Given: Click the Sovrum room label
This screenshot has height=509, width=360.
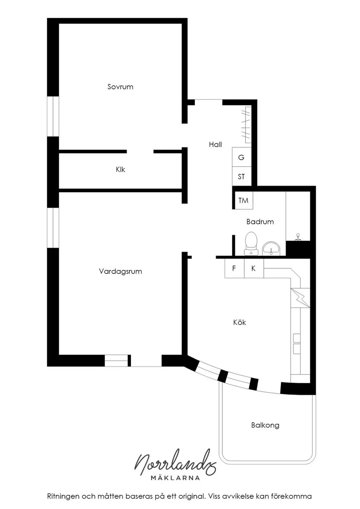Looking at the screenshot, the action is coord(120,87).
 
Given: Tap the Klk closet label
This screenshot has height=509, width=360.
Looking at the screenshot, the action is coord(120,170).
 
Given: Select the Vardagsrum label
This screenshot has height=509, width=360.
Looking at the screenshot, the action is coord(120,271).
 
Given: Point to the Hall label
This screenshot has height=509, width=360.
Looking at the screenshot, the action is coord(215,144).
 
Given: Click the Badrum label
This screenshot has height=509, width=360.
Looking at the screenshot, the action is coord(260,222).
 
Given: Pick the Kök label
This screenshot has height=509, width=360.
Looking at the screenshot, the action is coord(239,322).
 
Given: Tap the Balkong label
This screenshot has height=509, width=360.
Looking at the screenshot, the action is coord(265,425).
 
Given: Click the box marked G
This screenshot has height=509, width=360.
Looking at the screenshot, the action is coord(242,157).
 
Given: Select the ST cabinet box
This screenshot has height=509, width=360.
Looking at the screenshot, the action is coord(242,176).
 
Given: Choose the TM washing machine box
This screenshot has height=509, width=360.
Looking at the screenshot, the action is coord(244,201).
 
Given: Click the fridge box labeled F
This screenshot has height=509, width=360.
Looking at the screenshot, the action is coord(234,268).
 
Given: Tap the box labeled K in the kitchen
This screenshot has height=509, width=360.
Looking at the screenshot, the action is coord(254,268).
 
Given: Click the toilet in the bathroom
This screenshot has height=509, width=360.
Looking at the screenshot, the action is coord(251,243).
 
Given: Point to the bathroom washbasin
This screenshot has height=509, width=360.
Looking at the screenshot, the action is coord(271,248).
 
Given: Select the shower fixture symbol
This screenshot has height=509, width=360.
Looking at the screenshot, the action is coord(297,237).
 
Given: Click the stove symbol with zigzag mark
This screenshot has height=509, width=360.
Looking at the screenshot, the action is coord(300,298).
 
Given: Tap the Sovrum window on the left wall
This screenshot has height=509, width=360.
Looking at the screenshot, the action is coord(53,116).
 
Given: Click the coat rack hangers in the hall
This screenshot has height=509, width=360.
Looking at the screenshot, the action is coord(246,124).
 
